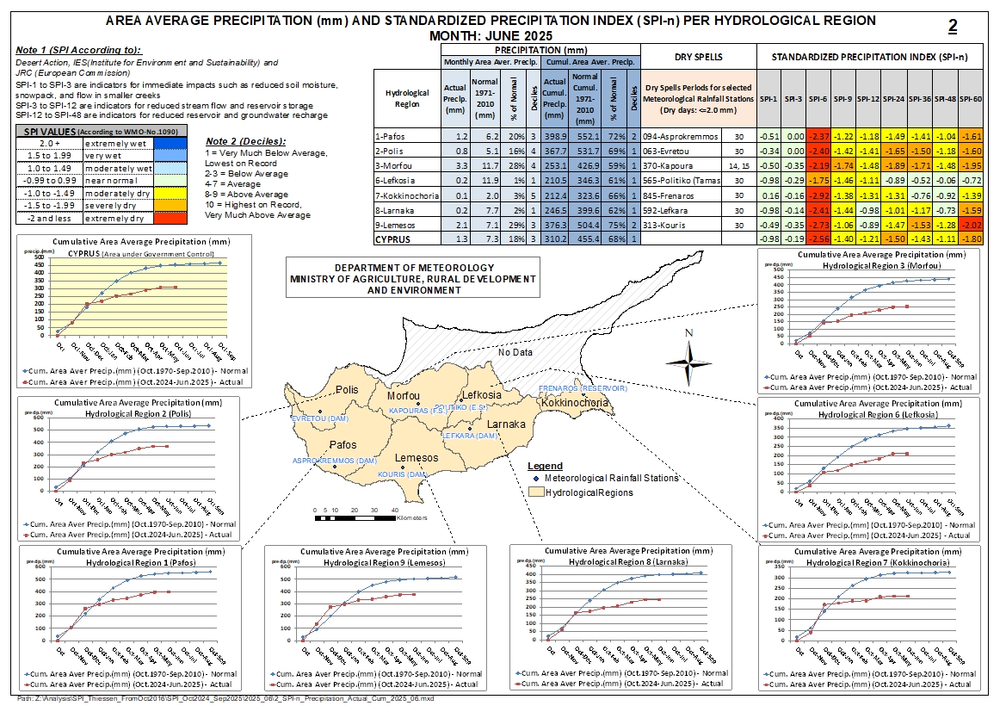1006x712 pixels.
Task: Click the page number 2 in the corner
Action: click(x=953, y=27)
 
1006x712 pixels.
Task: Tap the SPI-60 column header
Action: click(x=970, y=99)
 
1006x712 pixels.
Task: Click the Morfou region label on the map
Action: click(x=404, y=395)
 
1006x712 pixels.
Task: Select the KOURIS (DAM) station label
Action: click(x=404, y=474)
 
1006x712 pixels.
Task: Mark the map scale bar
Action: click(x=352, y=517)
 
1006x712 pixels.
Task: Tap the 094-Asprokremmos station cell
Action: click(x=677, y=137)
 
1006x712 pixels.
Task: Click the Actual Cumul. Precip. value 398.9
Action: click(x=555, y=137)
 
